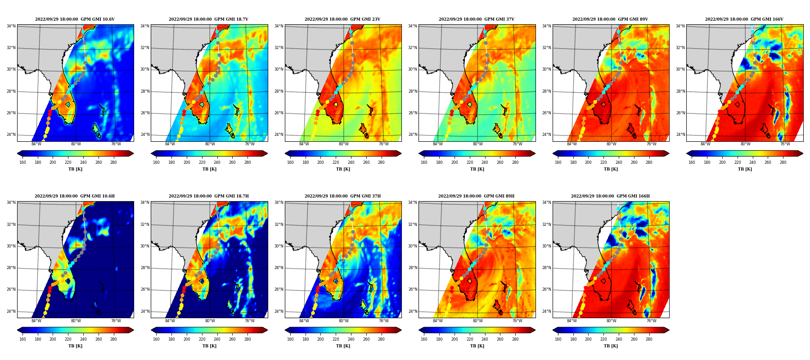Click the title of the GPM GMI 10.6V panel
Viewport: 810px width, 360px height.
tap(75, 19)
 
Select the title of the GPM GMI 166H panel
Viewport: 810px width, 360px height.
tap(610, 196)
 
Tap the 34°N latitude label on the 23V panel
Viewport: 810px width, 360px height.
tap(279, 26)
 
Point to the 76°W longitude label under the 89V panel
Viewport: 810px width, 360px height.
tap(651, 144)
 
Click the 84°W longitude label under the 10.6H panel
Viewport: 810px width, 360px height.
tap(36, 321)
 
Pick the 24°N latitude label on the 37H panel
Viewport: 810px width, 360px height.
tap(279, 311)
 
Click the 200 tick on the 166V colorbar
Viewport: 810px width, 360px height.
tap(722, 162)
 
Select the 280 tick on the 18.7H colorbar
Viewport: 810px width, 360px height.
tap(247, 339)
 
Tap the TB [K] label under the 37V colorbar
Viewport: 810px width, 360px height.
tap(477, 169)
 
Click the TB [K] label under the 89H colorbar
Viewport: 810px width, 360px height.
tap(477, 346)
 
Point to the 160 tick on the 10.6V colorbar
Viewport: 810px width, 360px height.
tap(22, 162)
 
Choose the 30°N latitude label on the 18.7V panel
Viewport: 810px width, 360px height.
tap(145, 69)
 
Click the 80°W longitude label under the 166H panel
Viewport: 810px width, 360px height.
tap(611, 321)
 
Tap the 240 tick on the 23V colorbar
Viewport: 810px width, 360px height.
tap(351, 162)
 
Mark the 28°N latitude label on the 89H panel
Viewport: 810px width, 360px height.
tap(413, 268)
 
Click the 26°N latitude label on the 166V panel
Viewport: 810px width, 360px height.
tap(680, 113)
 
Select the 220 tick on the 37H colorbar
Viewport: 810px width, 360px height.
tap(336, 339)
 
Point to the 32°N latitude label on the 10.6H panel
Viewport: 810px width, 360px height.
tap(11, 225)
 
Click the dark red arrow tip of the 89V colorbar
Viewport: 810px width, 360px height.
tap(669, 153)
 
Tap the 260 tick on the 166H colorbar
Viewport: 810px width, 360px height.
tap(634, 339)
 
